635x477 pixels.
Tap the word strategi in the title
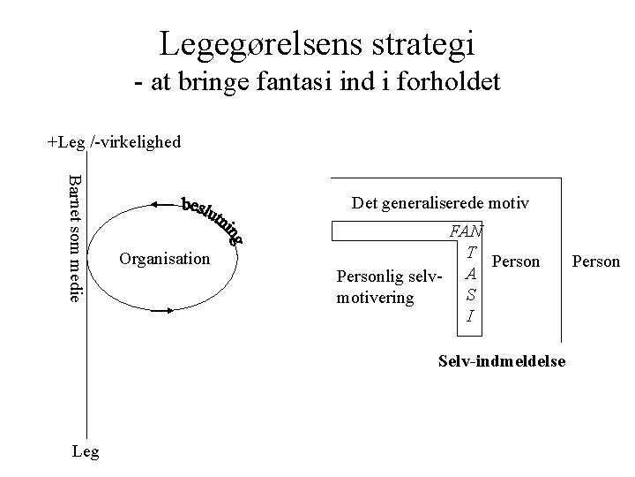coord(420,42)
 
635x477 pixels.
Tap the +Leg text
coord(66,141)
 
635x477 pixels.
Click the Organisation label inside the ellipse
coord(164,259)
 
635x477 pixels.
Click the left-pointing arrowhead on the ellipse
coord(155,204)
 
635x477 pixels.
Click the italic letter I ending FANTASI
coord(473,315)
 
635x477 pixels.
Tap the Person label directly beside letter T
coord(515,261)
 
